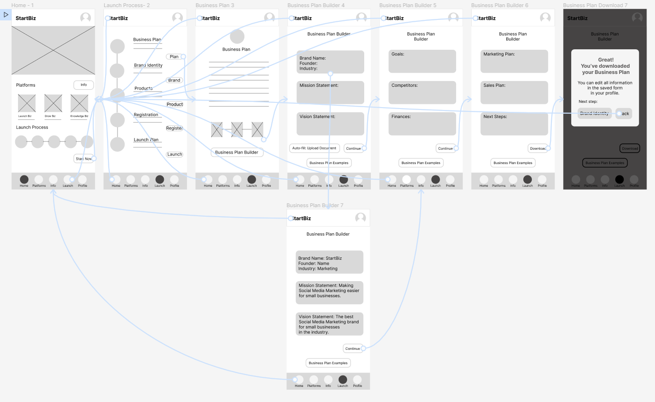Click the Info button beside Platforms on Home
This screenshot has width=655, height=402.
click(x=83, y=85)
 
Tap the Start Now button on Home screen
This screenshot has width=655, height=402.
click(x=83, y=158)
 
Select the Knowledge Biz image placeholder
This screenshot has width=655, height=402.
click(x=79, y=103)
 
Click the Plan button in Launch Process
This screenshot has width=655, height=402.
click(x=174, y=57)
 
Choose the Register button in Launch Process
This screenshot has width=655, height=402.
click(x=174, y=128)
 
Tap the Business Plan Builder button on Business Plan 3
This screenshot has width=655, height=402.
click(x=237, y=152)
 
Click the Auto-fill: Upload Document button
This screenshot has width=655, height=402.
click(x=314, y=148)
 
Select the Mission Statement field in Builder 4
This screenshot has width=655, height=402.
click(x=330, y=92)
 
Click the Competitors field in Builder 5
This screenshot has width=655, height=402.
click(x=422, y=92)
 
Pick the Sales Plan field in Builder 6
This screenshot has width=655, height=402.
click(x=514, y=92)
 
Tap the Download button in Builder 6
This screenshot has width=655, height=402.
click(x=538, y=148)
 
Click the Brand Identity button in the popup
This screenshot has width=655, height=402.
click(x=594, y=113)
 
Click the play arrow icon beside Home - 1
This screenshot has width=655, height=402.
click(x=6, y=15)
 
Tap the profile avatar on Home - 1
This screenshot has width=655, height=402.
click(x=85, y=18)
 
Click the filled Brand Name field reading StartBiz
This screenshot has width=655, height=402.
click(x=329, y=262)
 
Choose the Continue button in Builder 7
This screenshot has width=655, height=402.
click(x=352, y=348)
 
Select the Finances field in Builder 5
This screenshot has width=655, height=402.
click(x=422, y=124)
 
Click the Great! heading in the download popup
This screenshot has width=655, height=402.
click(x=606, y=60)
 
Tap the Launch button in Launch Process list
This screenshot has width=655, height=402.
click(x=174, y=154)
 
